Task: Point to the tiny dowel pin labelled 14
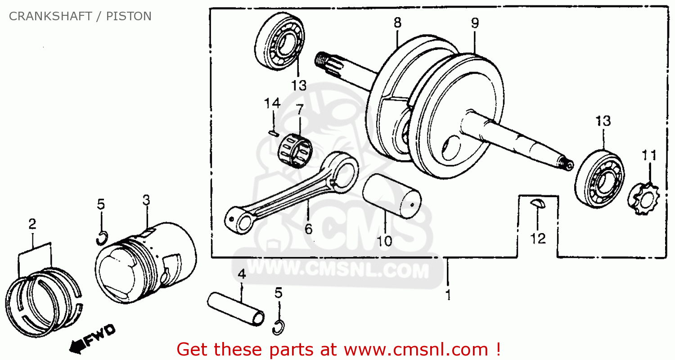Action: click(272, 132)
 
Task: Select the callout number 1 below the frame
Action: click(448, 295)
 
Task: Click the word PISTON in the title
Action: click(129, 16)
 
